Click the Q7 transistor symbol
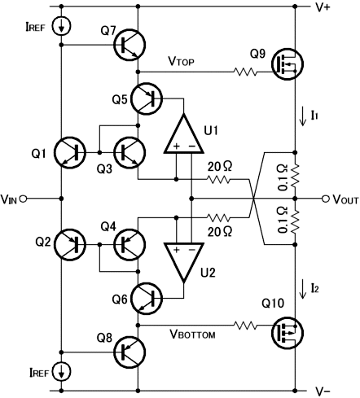click(130, 45)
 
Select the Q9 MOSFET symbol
click(288, 64)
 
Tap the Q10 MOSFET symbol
click(288, 333)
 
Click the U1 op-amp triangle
click(184, 137)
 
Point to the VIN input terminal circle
click(24, 199)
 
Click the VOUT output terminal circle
click(326, 199)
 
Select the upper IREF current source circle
click(61, 26)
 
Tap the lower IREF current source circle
click(61, 372)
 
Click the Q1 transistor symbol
click(70, 153)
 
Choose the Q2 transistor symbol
click(70, 245)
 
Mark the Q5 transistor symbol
click(147, 98)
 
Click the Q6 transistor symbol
click(147, 299)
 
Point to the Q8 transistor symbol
click(130, 352)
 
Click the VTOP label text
click(182, 61)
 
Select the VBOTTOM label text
click(192, 334)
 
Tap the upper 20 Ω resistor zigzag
click(218, 179)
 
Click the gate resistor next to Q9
click(244, 72)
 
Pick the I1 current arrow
click(302, 116)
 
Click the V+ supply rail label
click(323, 7)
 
